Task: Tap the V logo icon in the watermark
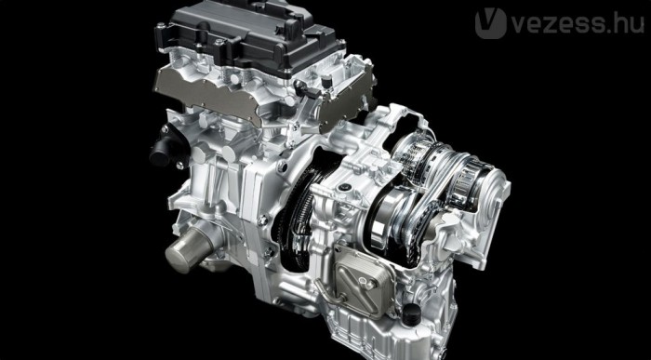[490, 23]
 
